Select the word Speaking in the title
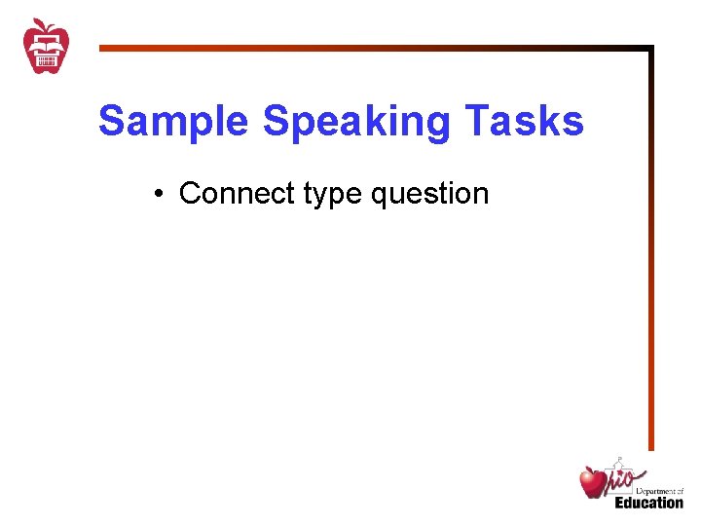(357, 122)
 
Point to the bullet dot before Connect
(158, 194)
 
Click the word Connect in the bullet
(237, 193)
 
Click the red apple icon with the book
(46, 47)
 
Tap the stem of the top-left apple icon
(40, 22)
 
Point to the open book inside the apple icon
(46, 43)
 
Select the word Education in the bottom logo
(648, 503)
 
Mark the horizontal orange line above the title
(370, 47)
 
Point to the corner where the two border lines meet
(650, 47)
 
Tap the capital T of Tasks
(476, 122)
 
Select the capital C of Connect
(190, 193)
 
